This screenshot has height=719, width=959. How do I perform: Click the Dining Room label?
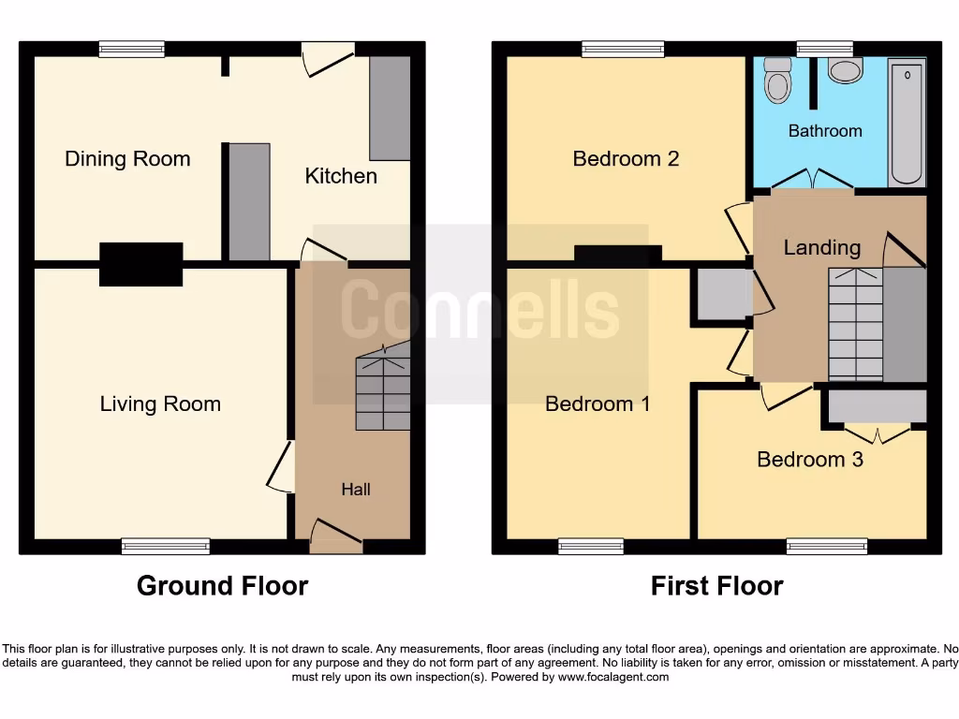[x=127, y=159]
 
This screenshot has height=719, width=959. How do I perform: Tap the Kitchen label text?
[x=341, y=176]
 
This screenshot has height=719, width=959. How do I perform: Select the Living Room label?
[x=160, y=404]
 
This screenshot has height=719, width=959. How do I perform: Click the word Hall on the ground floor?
[x=356, y=490]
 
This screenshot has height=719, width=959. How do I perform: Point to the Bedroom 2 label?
[x=626, y=159]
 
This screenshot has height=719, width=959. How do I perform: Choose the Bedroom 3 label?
[x=810, y=460]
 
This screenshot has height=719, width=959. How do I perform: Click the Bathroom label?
[x=825, y=131]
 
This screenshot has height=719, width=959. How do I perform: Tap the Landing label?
[x=821, y=248]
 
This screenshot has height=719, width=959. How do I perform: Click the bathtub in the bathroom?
[x=907, y=123]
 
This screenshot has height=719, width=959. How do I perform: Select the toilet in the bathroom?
[x=777, y=81]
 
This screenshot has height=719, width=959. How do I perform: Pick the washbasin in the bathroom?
[x=846, y=70]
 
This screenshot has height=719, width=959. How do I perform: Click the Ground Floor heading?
[x=222, y=586]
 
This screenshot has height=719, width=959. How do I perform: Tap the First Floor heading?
[x=716, y=586]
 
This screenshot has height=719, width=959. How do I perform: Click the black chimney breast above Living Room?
[x=141, y=263]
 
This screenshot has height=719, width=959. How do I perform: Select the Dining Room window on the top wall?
[x=132, y=49]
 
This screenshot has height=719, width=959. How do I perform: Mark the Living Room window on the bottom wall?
[x=166, y=547]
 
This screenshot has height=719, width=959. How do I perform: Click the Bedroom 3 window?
[x=827, y=547]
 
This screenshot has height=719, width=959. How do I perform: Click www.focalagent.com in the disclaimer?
[x=614, y=677]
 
